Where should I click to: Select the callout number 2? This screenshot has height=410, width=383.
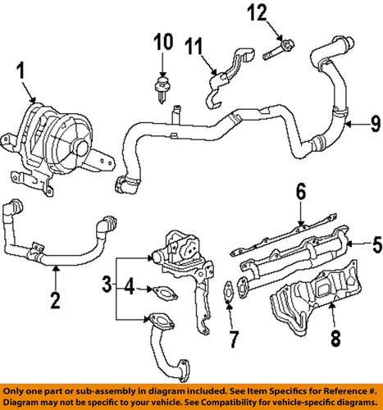[55, 299]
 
